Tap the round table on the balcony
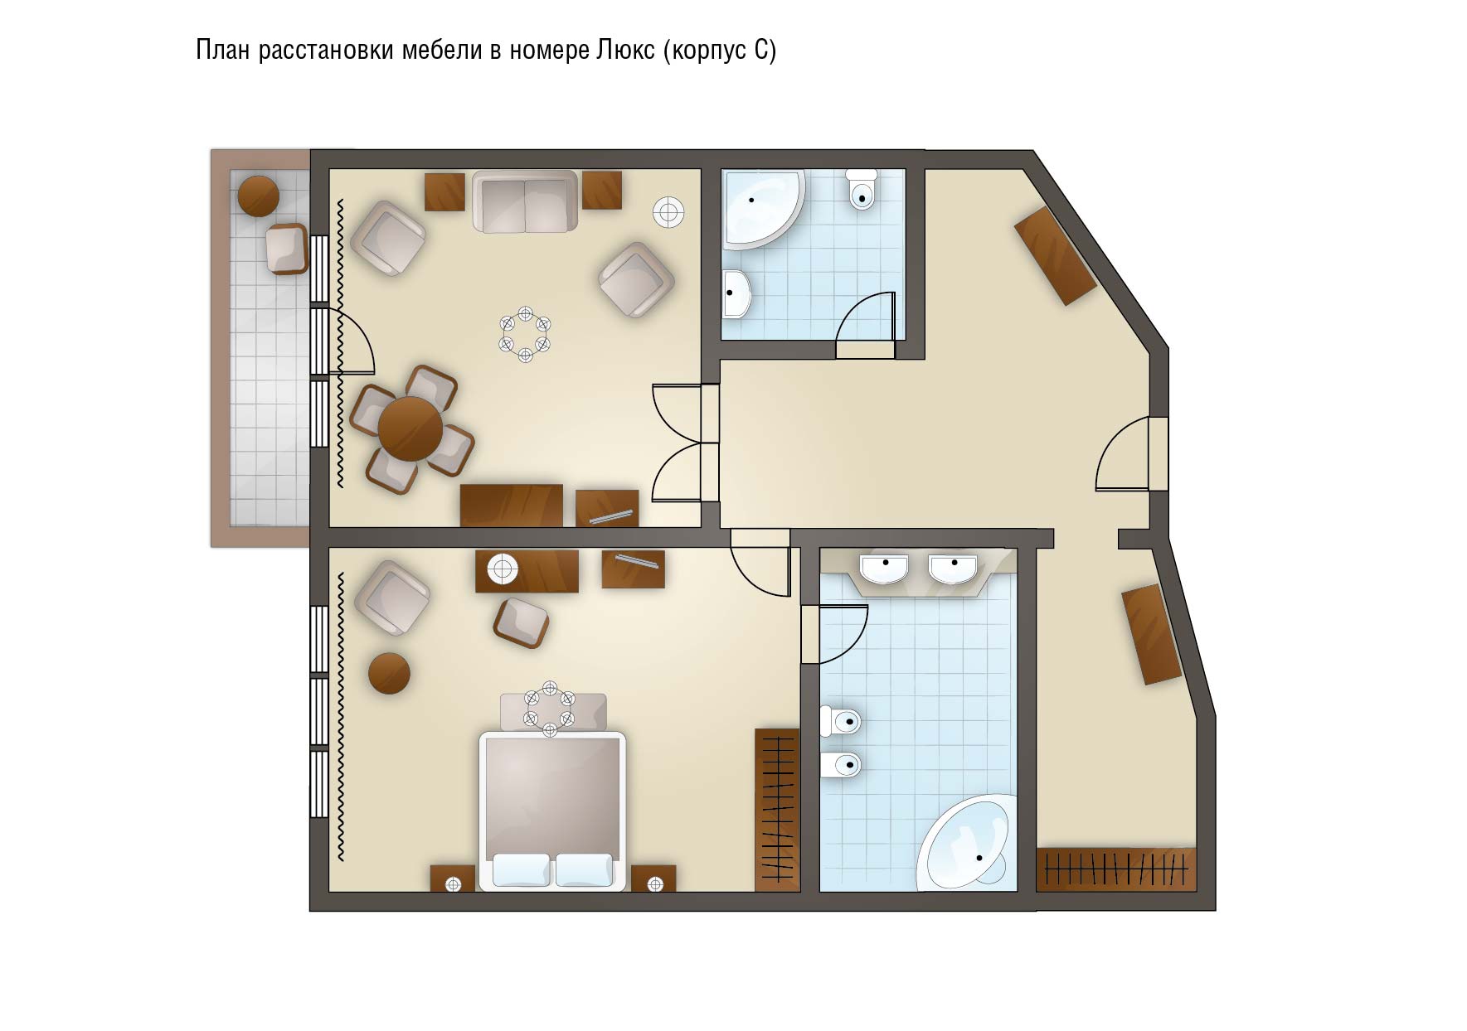point(259,196)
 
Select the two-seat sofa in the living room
point(525,201)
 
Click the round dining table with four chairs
point(410,428)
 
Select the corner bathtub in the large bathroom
point(968,842)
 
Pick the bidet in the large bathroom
point(840,764)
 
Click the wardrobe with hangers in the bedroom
point(777,810)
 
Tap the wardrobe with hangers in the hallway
point(1116,869)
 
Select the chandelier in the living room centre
point(525,334)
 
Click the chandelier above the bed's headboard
point(549,708)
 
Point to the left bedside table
point(453,879)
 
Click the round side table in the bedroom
point(389,674)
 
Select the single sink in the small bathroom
point(736,293)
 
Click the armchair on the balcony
point(287,248)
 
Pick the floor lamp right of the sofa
point(668,211)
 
